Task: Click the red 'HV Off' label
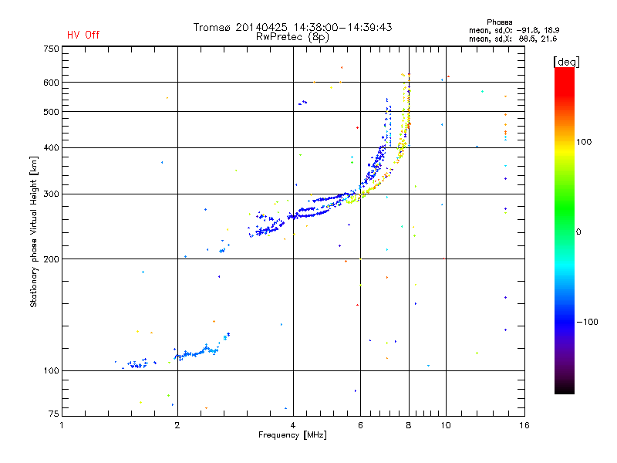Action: click(83, 35)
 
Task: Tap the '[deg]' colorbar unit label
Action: click(565, 61)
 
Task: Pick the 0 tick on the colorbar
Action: click(584, 231)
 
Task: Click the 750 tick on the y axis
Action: click(51, 49)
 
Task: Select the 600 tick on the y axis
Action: click(51, 83)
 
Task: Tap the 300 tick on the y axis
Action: click(51, 194)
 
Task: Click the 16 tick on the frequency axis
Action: click(524, 425)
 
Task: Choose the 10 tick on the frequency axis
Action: click(445, 425)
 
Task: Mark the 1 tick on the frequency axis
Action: click(62, 425)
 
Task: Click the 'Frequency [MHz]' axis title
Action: click(292, 435)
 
